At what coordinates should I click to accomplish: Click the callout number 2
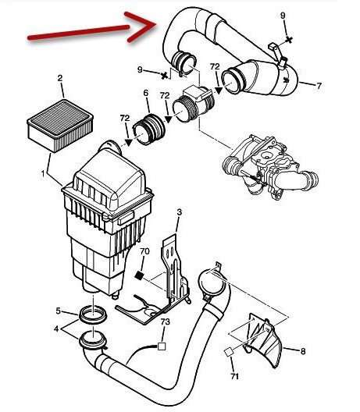pos(60,78)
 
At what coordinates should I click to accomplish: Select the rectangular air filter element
pos(60,126)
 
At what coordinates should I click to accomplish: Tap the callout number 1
pos(43,174)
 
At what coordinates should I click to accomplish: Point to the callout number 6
pos(146,93)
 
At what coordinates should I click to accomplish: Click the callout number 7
pos(319,86)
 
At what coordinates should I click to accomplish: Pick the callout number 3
pos(179,212)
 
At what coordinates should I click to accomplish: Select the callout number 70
pos(144,251)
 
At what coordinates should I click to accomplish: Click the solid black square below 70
pos(139,275)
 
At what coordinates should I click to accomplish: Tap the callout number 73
pos(165,321)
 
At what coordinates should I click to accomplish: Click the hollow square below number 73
pos(162,346)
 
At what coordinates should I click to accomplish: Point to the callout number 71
pos(234,377)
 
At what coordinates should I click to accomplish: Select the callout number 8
pos(303,351)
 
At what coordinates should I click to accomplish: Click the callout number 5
pos(59,311)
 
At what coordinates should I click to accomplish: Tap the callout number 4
pos(56,329)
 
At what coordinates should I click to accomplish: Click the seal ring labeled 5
pos(93,314)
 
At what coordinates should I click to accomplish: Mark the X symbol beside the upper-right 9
pos(289,40)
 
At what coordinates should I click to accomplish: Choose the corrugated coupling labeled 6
pos(149,130)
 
